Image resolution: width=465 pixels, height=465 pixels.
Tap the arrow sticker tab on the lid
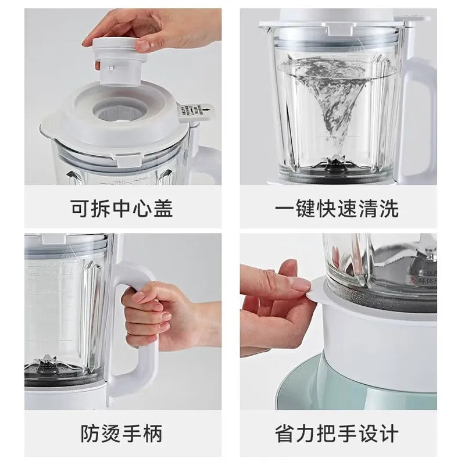pyautogui.click(x=196, y=112)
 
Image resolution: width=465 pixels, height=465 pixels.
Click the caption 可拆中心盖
pyautogui.click(x=122, y=208)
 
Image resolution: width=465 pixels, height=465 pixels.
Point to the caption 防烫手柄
pyautogui.click(x=122, y=433)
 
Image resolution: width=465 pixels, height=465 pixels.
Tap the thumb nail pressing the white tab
pyautogui.click(x=300, y=284)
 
